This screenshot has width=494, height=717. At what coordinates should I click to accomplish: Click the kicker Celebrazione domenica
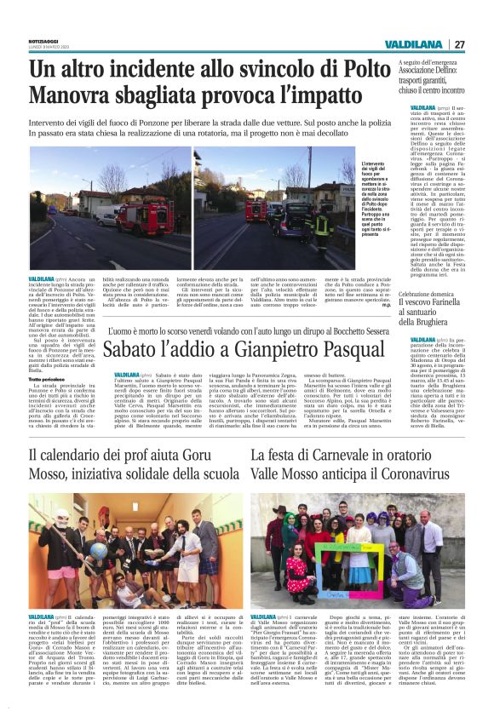coord(435,294)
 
